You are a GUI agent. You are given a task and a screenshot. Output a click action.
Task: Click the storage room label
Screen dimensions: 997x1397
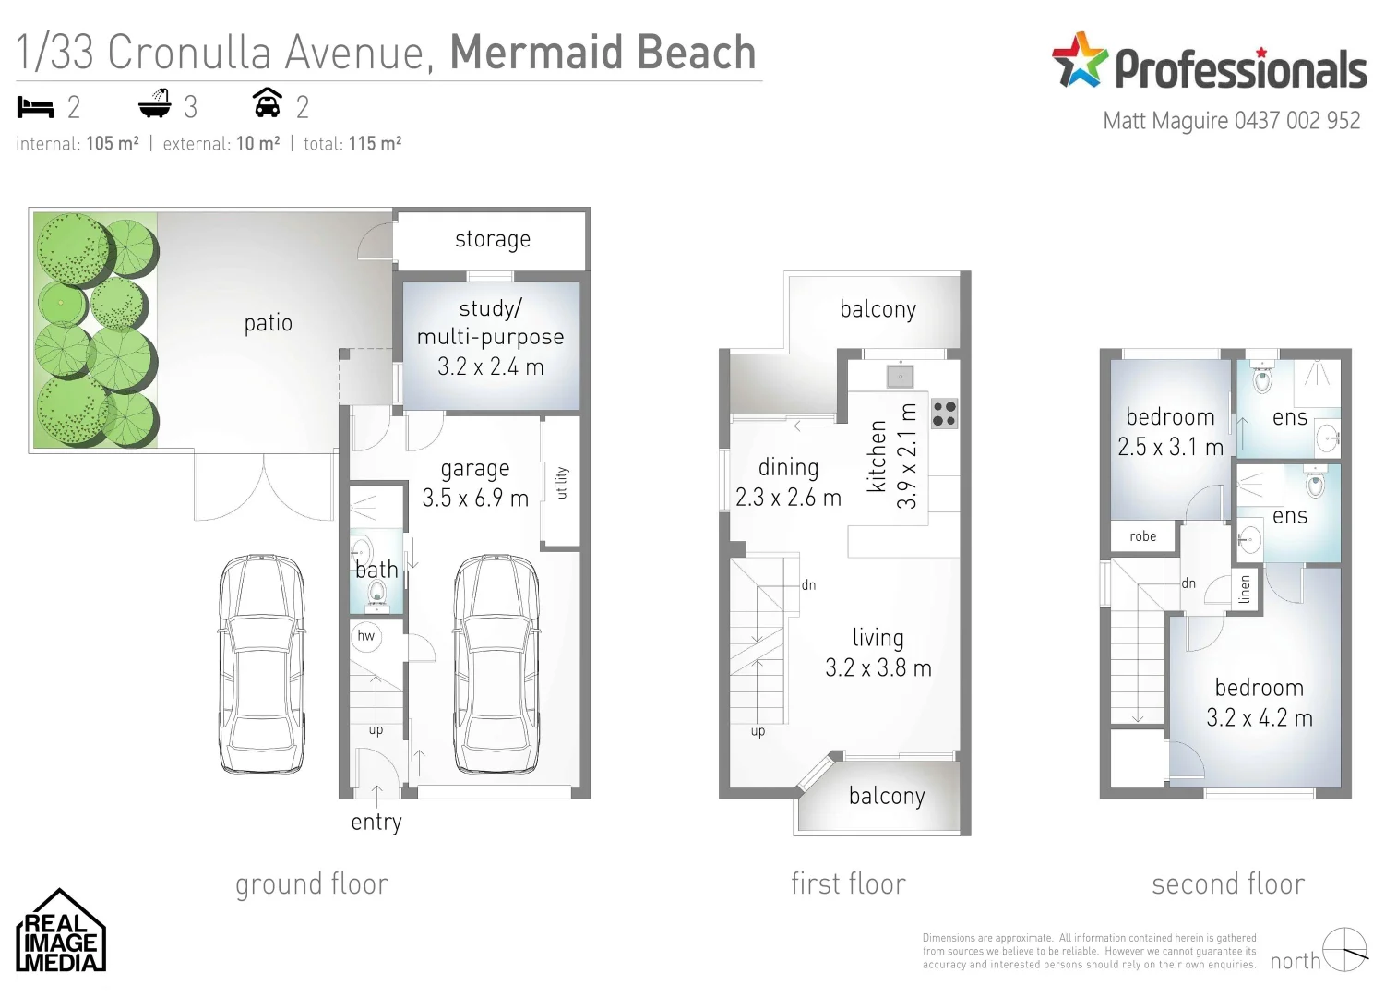(x=493, y=240)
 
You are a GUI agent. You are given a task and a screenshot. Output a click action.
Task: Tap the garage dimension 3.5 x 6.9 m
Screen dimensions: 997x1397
(x=475, y=498)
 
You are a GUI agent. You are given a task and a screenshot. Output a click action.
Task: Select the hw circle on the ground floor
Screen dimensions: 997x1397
(x=366, y=636)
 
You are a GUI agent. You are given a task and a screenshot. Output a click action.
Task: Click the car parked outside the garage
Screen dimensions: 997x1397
(x=262, y=663)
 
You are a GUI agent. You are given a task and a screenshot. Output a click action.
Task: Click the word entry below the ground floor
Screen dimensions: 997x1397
(x=376, y=822)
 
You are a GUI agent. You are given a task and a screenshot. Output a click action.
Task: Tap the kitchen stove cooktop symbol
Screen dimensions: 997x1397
(x=944, y=414)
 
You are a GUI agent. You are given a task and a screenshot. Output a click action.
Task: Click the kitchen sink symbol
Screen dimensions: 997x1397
(x=900, y=376)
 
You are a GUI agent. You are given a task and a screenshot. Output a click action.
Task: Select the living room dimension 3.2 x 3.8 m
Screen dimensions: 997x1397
(x=878, y=668)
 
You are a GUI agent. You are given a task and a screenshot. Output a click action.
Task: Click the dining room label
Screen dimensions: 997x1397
(x=788, y=468)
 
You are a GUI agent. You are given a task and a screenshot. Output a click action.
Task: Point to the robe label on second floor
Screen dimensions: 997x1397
(x=1142, y=536)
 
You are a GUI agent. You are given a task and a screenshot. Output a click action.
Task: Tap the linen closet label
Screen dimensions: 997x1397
(x=1245, y=589)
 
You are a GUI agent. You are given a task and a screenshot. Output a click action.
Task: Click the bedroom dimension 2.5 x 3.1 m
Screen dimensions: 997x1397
(x=1170, y=448)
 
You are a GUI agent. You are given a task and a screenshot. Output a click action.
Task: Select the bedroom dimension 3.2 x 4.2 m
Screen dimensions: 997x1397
(x=1259, y=718)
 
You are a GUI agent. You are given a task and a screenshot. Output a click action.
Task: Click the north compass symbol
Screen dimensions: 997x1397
(x=1344, y=950)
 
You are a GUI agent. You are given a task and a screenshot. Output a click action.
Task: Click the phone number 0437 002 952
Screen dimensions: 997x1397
(x=1296, y=121)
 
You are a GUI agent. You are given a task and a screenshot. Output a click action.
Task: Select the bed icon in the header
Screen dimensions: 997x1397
(x=36, y=108)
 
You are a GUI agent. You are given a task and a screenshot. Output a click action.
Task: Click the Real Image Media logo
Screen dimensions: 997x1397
(x=61, y=932)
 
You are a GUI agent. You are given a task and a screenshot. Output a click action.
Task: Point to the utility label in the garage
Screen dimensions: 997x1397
(x=562, y=483)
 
